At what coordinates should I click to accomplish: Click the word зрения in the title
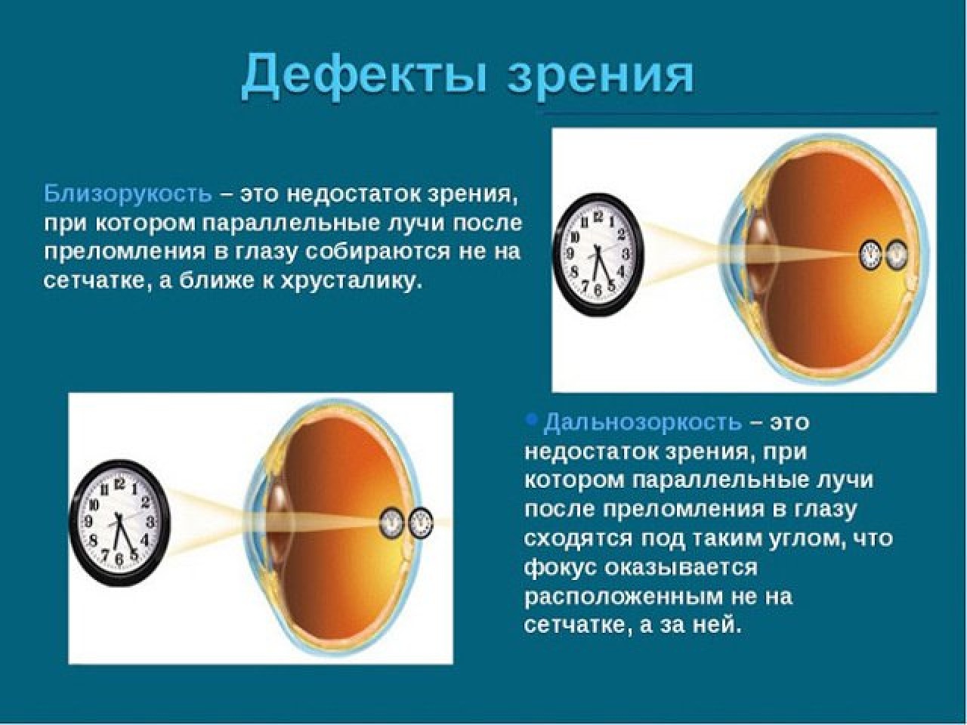coord(601,75)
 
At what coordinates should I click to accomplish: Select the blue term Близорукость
coord(128,193)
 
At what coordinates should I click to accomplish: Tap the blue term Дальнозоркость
coord(642,421)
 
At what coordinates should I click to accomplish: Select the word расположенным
coord(619,597)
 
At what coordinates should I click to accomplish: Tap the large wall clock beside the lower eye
coord(119,522)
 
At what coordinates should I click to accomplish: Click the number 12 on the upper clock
coord(599,217)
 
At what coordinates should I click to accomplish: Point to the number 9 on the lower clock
coord(89,522)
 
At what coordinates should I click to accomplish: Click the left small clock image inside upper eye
coord(872,254)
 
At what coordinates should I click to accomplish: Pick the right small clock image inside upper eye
coord(896,254)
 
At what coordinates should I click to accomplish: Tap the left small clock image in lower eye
coord(391,523)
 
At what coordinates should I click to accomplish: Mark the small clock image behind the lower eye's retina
coord(420,523)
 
